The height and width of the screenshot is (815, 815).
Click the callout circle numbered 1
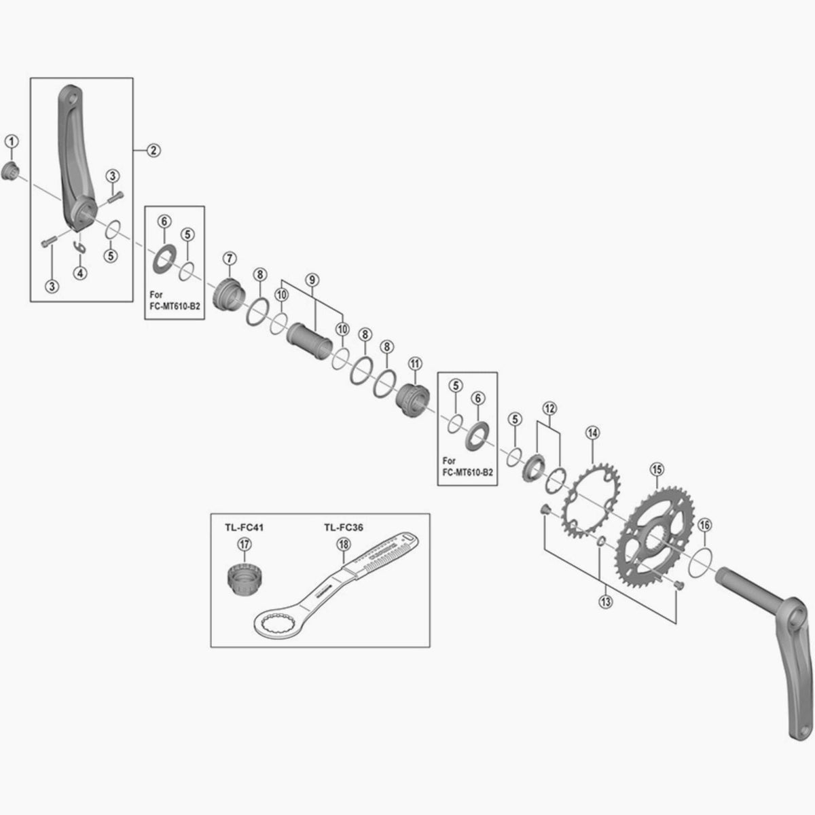click(x=12, y=141)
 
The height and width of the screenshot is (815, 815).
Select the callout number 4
click(x=80, y=272)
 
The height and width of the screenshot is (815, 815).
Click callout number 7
click(x=229, y=258)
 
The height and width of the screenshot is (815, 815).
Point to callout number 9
click(x=312, y=279)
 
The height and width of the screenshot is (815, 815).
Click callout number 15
click(x=657, y=469)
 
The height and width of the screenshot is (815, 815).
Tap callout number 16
click(x=704, y=524)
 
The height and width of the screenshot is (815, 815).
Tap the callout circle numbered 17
click(x=242, y=544)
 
